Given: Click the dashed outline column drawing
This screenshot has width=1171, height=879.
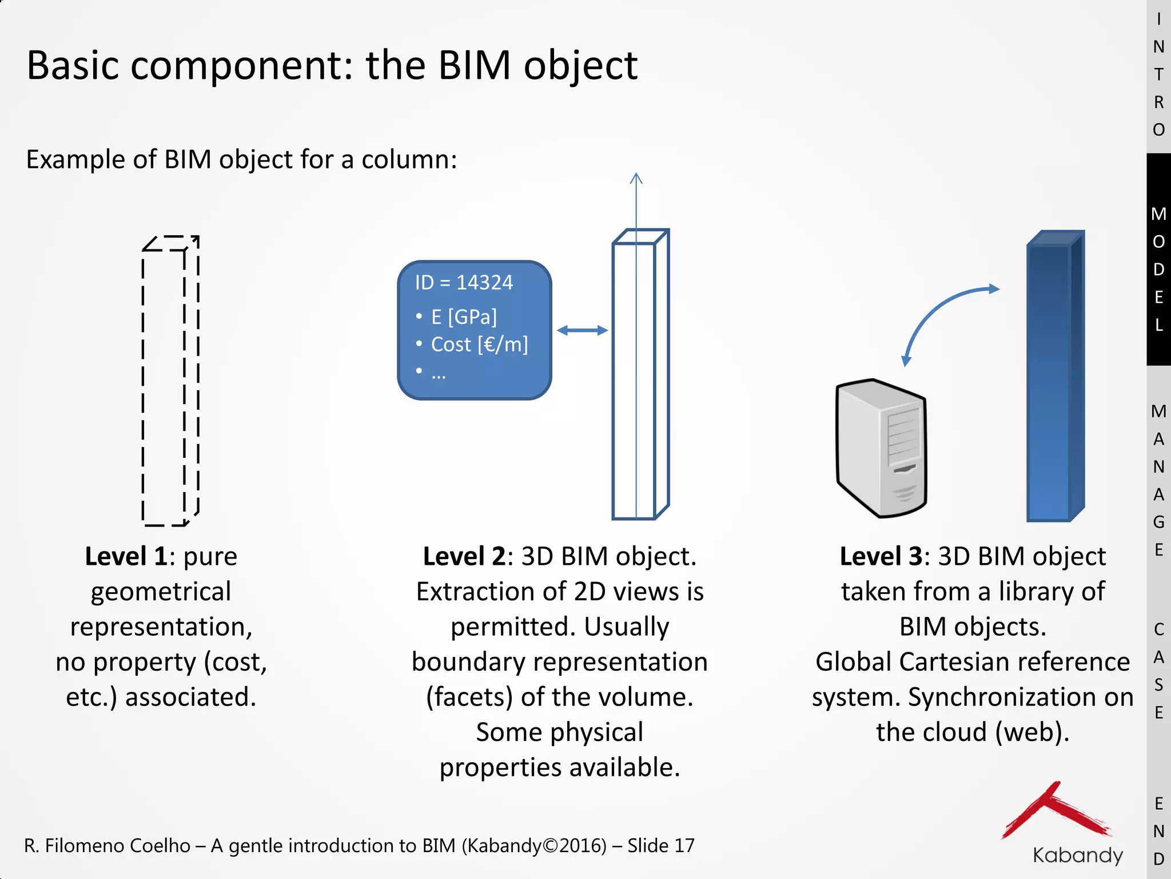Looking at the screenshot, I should (x=170, y=381).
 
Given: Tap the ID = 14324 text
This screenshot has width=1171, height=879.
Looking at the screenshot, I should (x=464, y=283).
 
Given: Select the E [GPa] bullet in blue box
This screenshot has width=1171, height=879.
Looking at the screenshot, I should (x=464, y=316).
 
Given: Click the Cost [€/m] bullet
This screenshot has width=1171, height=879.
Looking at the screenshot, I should (x=479, y=345).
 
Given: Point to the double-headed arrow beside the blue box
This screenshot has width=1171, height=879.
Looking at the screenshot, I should (x=582, y=330).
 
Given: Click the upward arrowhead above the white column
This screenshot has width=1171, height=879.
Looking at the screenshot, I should (x=636, y=178).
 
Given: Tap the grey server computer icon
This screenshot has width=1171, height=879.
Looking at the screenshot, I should (x=881, y=448).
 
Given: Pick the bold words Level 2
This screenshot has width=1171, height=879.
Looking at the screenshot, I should (x=464, y=556).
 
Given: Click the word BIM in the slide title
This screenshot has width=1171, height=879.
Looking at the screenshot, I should (x=473, y=65).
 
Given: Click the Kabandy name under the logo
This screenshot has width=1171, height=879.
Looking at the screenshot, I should (x=1077, y=855).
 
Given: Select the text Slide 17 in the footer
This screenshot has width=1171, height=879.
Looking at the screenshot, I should (x=660, y=846).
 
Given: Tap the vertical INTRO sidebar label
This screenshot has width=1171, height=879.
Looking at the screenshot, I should (x=1158, y=74).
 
